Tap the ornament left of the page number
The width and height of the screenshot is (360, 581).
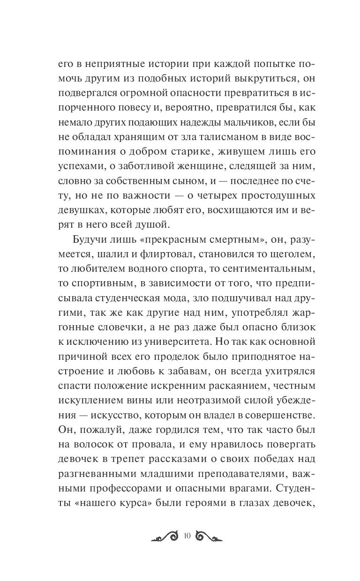[x=165, y=550]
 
